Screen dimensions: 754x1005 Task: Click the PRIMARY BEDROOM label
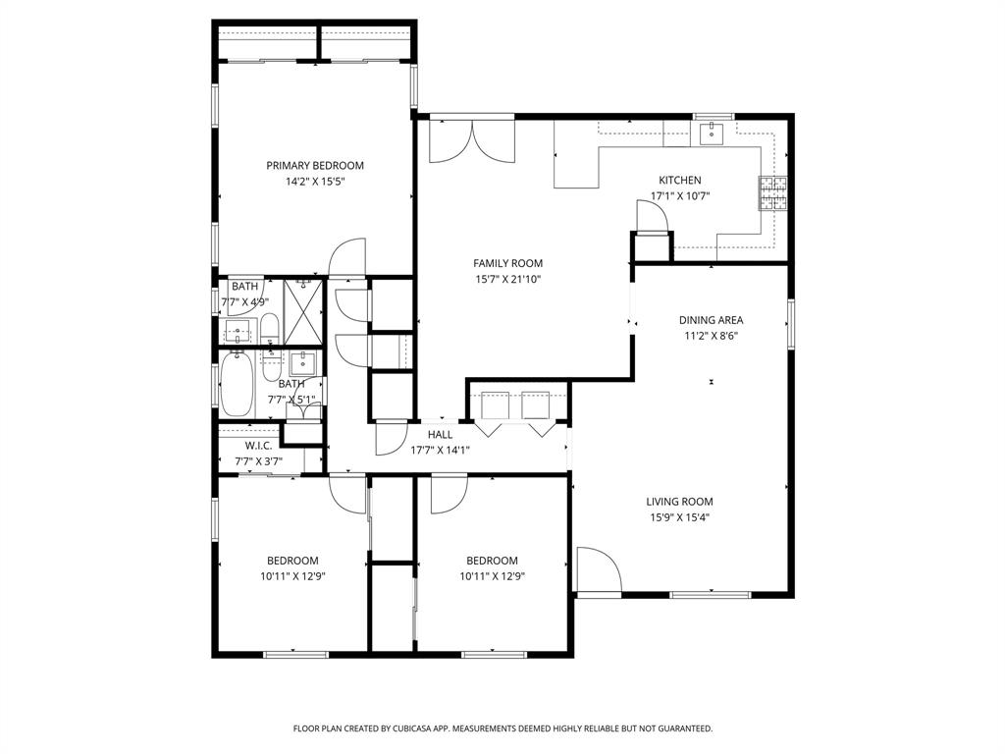(315, 165)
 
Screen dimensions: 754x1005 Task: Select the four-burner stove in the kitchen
(771, 193)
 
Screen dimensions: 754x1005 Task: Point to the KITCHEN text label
(679, 180)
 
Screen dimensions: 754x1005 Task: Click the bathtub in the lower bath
(237, 384)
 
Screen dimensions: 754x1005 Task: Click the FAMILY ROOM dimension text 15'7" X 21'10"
(507, 279)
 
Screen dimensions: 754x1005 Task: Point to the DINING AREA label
(711, 319)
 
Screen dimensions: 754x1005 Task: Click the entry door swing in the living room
(597, 570)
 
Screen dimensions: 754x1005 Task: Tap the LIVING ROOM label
(679, 501)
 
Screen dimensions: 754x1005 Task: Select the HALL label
(440, 434)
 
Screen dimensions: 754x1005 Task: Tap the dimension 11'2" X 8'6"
(711, 335)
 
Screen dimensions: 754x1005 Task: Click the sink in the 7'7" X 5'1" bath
(304, 361)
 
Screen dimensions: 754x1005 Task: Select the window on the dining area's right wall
(790, 323)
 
